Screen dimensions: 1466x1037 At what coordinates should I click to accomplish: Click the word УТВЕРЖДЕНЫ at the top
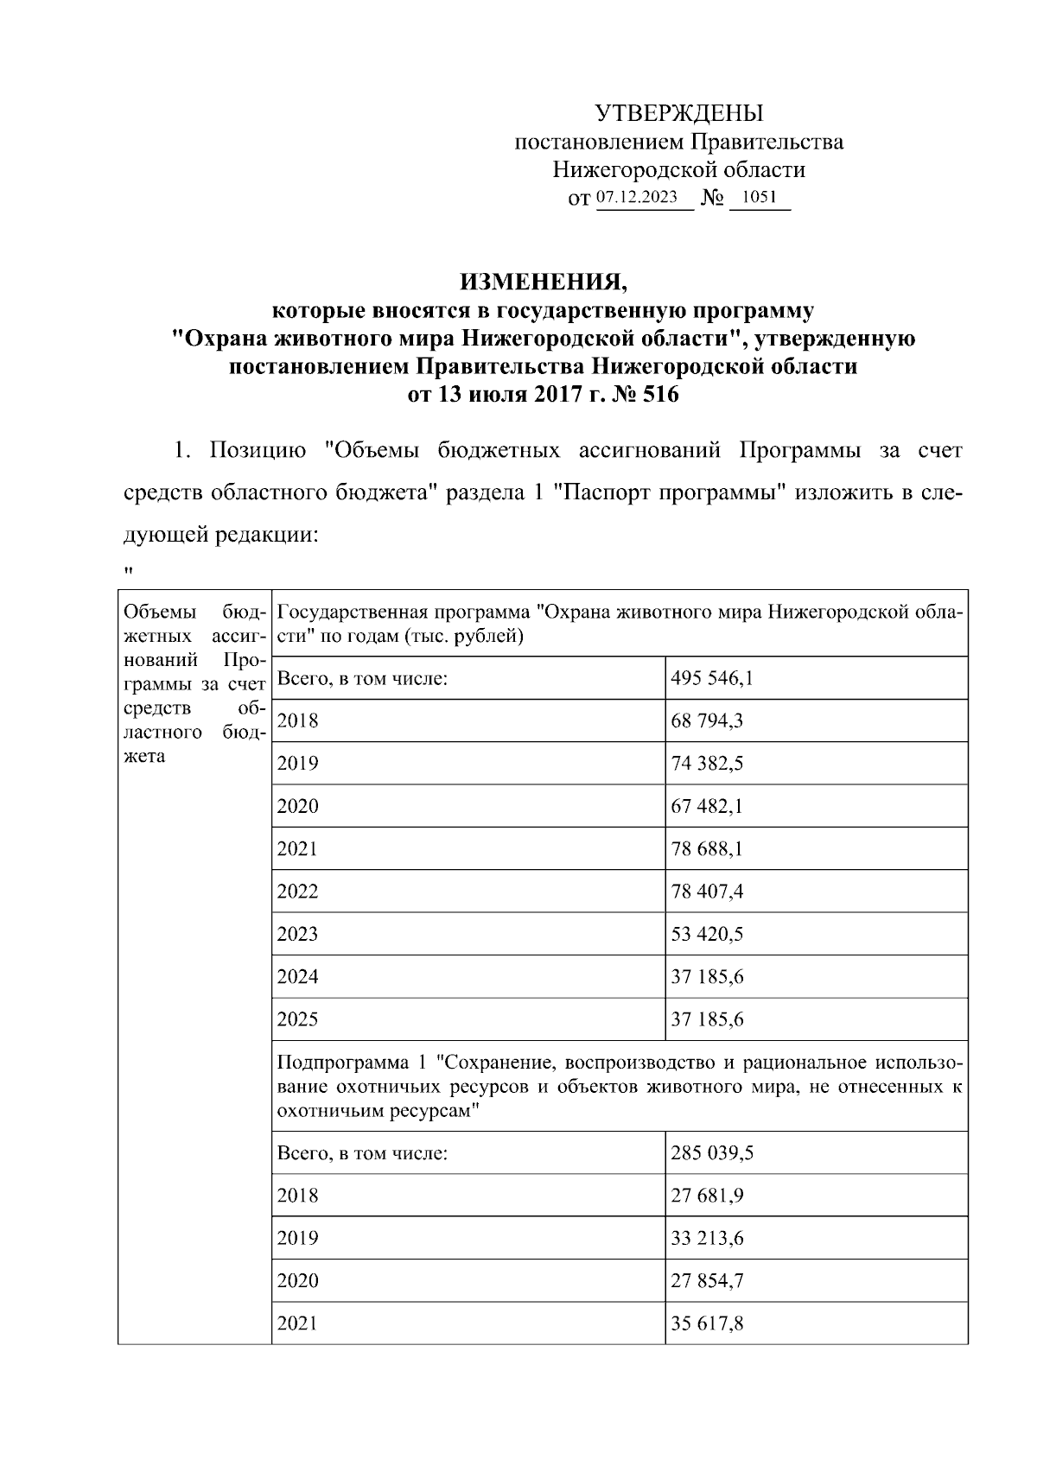679,113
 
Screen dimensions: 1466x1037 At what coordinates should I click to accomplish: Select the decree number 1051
760,197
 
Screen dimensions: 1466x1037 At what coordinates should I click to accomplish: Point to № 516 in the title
645,396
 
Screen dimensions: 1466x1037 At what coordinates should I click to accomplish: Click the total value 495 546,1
712,678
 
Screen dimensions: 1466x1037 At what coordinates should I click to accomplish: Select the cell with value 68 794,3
707,720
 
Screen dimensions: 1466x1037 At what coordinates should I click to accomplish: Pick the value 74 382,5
707,764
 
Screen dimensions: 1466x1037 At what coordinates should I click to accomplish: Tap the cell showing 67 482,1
707,806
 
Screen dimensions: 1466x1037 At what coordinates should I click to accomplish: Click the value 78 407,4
707,892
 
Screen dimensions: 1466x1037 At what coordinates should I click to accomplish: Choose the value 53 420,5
707,934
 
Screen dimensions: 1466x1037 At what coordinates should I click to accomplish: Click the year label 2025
297,1019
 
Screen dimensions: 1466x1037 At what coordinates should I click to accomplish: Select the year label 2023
297,934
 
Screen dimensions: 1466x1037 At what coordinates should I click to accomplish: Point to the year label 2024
297,977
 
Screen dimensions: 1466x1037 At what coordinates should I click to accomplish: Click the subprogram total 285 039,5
712,1153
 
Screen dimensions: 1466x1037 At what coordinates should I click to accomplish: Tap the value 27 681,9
707,1196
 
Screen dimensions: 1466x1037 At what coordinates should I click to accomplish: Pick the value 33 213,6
707,1238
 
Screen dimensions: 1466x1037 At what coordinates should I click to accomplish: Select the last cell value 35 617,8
707,1323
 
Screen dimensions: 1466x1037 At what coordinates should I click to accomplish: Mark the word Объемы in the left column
150,612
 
